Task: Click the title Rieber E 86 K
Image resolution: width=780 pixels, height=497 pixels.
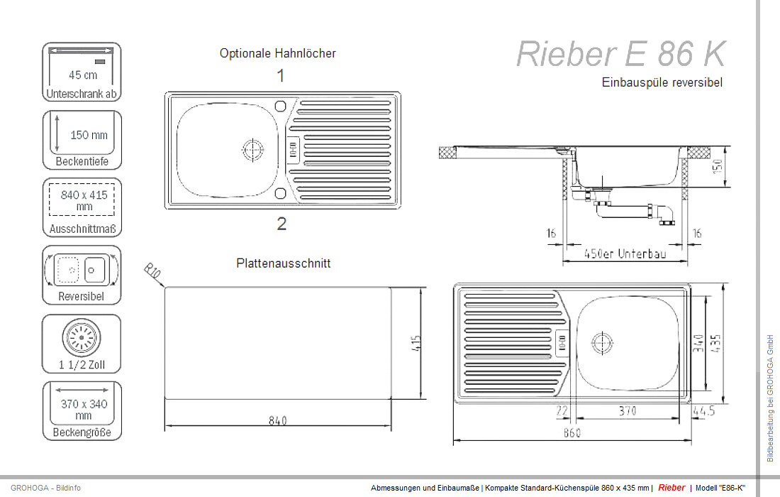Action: (x=621, y=53)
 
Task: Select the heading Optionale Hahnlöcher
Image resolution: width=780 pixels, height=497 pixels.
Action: (x=277, y=53)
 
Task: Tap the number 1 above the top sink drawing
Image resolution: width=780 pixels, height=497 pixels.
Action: (x=281, y=75)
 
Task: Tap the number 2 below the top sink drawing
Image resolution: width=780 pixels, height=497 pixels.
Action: (x=282, y=224)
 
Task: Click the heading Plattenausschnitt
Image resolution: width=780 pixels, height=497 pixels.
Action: (x=283, y=263)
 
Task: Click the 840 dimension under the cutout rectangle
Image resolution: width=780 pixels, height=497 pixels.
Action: (x=277, y=420)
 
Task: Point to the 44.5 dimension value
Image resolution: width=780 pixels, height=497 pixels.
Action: (x=703, y=410)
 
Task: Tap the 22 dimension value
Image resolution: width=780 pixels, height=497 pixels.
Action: (x=563, y=410)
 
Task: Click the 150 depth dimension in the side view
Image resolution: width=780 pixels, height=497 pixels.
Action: (x=717, y=168)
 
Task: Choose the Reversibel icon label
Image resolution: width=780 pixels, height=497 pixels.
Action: (x=81, y=297)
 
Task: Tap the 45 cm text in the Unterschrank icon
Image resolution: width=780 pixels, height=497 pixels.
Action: (x=83, y=75)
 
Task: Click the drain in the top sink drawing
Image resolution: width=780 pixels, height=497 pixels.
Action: (x=252, y=150)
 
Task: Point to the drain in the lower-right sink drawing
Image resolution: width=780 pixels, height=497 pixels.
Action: (x=601, y=342)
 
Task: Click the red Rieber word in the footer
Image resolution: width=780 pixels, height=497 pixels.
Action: (x=672, y=488)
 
